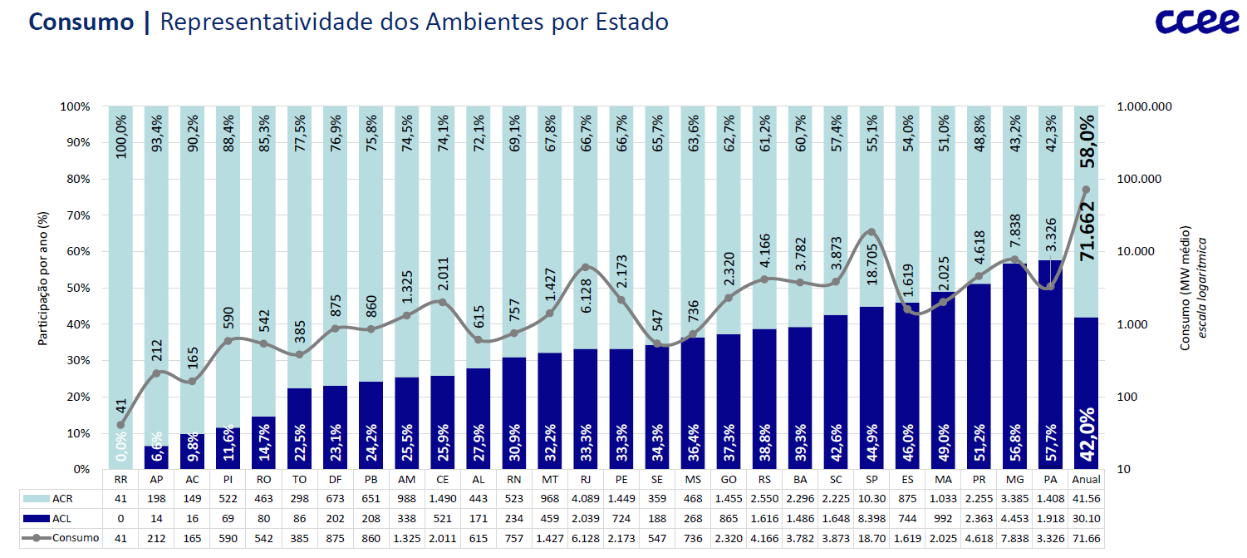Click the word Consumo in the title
pyautogui.click(x=81, y=22)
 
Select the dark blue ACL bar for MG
pyautogui.click(x=1014, y=366)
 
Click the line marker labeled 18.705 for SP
pyautogui.click(x=871, y=232)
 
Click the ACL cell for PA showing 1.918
pyautogui.click(x=1050, y=517)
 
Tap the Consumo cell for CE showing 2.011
pyautogui.click(x=443, y=538)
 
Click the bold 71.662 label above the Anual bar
pyautogui.click(x=1087, y=231)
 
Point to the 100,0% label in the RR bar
pyautogui.click(x=121, y=136)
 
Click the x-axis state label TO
pyautogui.click(x=300, y=480)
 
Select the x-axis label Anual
pyautogui.click(x=1087, y=480)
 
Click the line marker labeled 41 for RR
pyautogui.click(x=120, y=425)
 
